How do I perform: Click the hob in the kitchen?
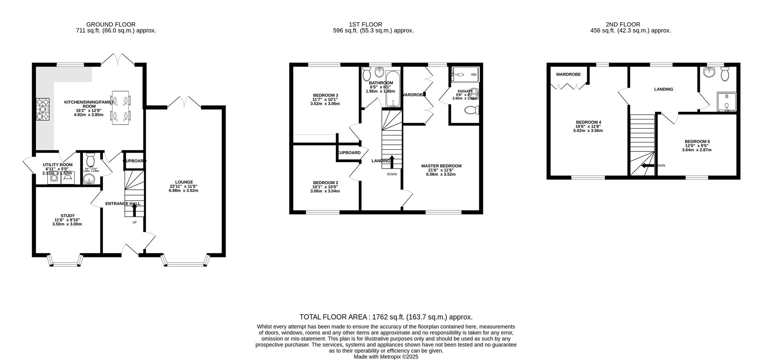(x=43, y=109)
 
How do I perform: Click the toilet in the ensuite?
(x=471, y=110)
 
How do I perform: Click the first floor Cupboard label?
(x=349, y=153)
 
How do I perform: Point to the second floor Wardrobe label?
(x=568, y=74)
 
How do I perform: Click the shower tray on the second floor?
(x=727, y=101)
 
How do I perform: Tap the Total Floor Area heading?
(x=386, y=317)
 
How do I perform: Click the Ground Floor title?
(x=111, y=25)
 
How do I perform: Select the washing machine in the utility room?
(x=53, y=177)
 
